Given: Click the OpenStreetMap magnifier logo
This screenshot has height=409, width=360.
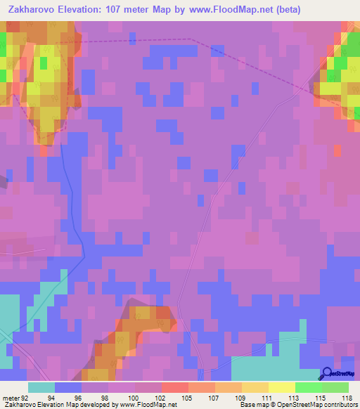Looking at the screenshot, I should click(328, 373).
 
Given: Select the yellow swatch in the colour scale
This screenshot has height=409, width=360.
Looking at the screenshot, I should click(281, 387).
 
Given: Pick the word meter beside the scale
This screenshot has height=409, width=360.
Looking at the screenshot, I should click(11, 397).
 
